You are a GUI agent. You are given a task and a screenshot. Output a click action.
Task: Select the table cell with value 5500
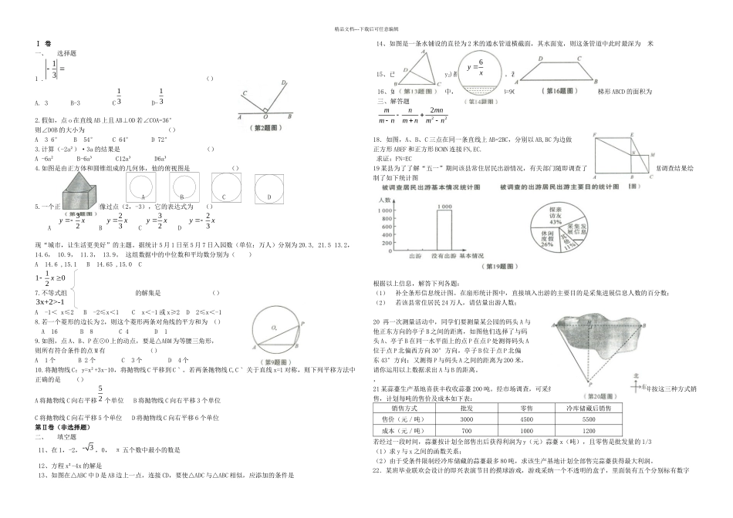[x=588, y=416]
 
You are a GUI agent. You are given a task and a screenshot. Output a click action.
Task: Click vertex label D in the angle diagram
[x=283, y=83]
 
